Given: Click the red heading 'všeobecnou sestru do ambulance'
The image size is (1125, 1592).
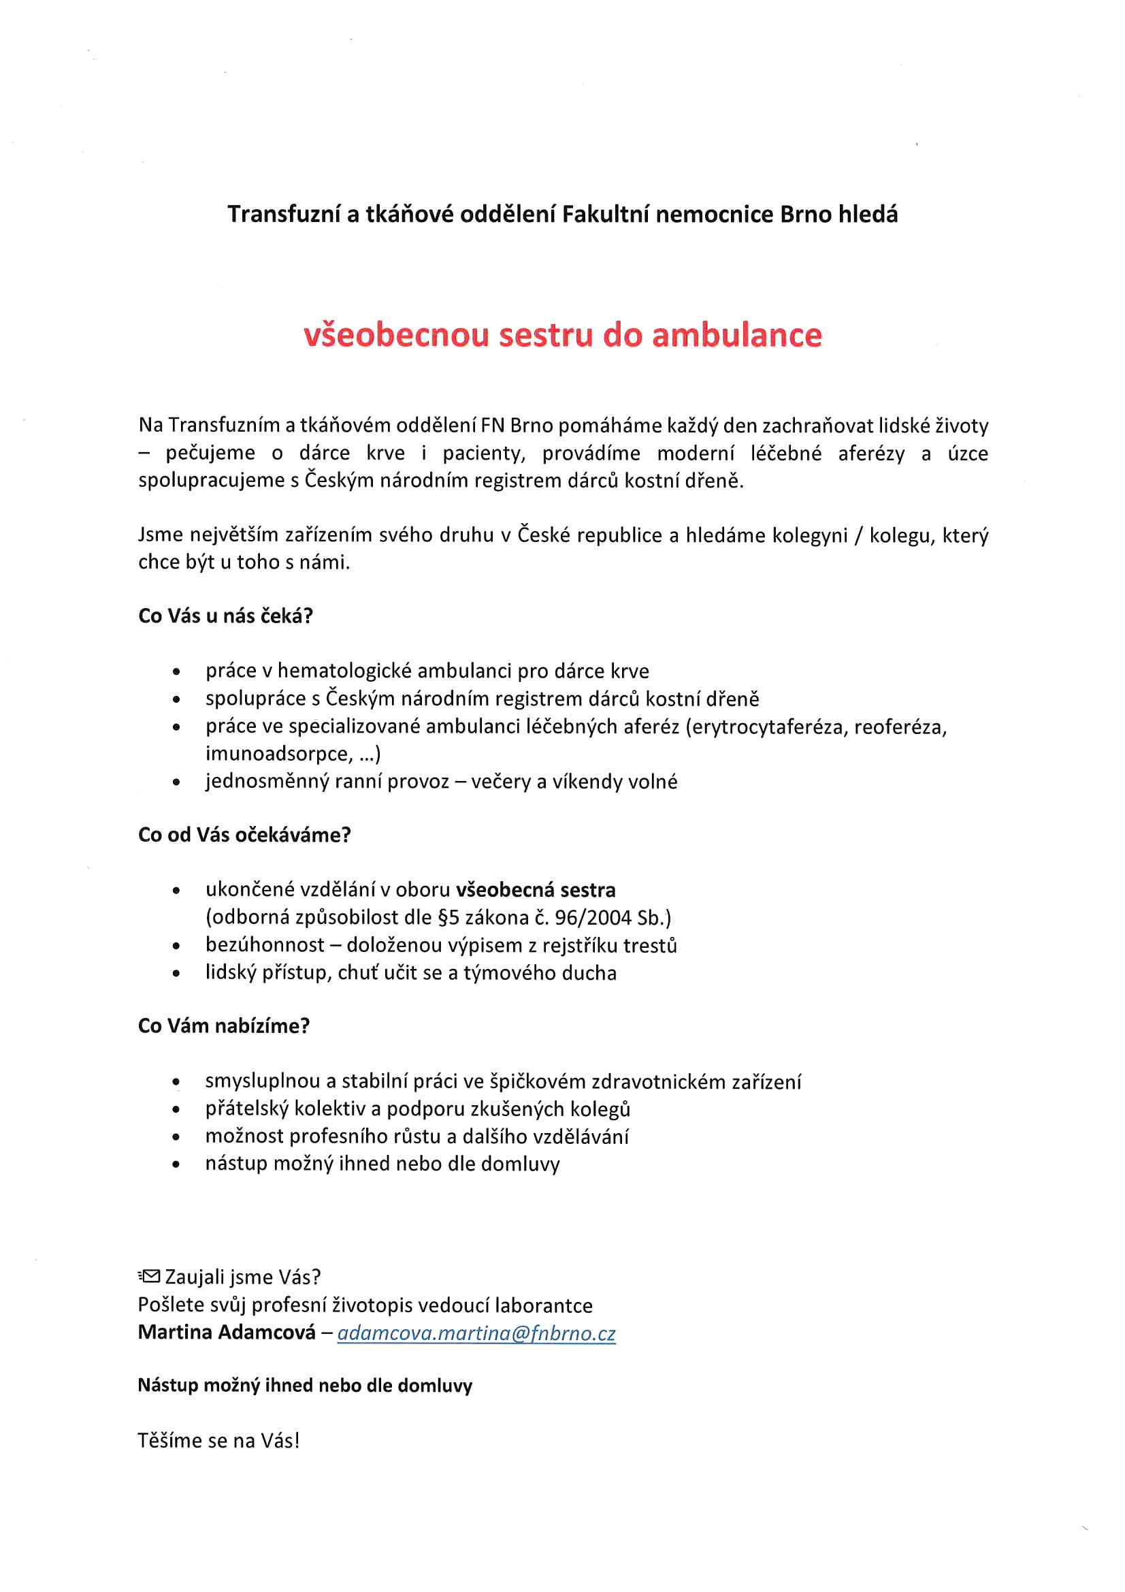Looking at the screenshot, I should pos(562,335).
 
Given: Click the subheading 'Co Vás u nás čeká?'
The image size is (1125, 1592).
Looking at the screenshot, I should pos(225,616).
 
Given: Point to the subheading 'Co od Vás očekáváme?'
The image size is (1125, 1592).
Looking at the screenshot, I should pos(245,835).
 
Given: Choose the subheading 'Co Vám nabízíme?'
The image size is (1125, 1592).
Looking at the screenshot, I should pos(224,1025).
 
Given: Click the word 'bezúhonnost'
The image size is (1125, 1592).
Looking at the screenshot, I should pos(265,945).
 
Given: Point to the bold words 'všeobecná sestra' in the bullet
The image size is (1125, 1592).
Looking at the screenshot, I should pos(536,889).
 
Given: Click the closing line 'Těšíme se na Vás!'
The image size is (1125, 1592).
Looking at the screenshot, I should pos(219,1440).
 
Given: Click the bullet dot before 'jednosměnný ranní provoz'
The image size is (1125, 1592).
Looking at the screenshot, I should pos(177,782).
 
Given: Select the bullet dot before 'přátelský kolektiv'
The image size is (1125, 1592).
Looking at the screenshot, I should pos(177,1109).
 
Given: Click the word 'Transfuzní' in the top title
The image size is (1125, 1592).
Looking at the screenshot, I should pos(284,214).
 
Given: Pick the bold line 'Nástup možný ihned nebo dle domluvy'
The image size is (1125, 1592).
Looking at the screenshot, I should pos(305,1386).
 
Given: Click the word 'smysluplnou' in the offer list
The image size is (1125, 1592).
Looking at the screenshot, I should pos(262,1082).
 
